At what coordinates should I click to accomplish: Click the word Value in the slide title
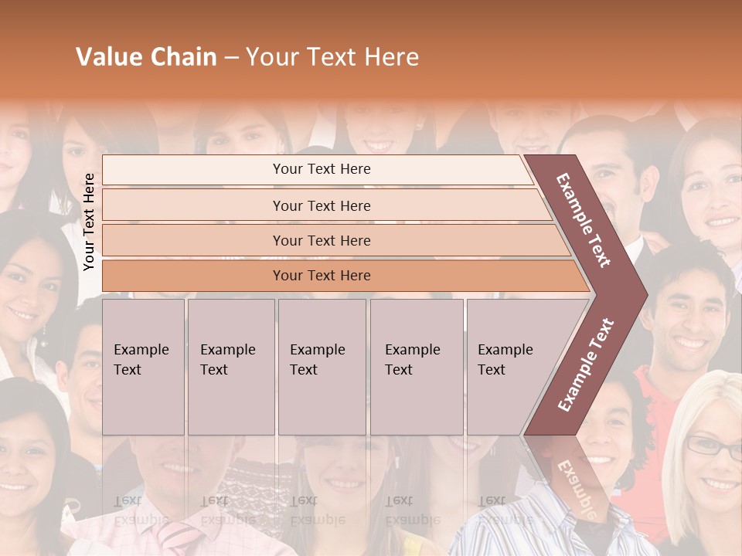tap(109, 57)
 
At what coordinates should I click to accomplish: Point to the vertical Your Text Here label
tap(89, 222)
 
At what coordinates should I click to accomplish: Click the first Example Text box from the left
tap(143, 367)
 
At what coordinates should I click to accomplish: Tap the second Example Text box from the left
tap(230, 367)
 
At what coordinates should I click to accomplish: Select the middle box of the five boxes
tap(322, 367)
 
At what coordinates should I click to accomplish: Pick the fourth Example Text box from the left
tap(416, 367)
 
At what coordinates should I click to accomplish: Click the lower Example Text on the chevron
tap(586, 364)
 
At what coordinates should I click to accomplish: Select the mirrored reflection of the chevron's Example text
tap(573, 487)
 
